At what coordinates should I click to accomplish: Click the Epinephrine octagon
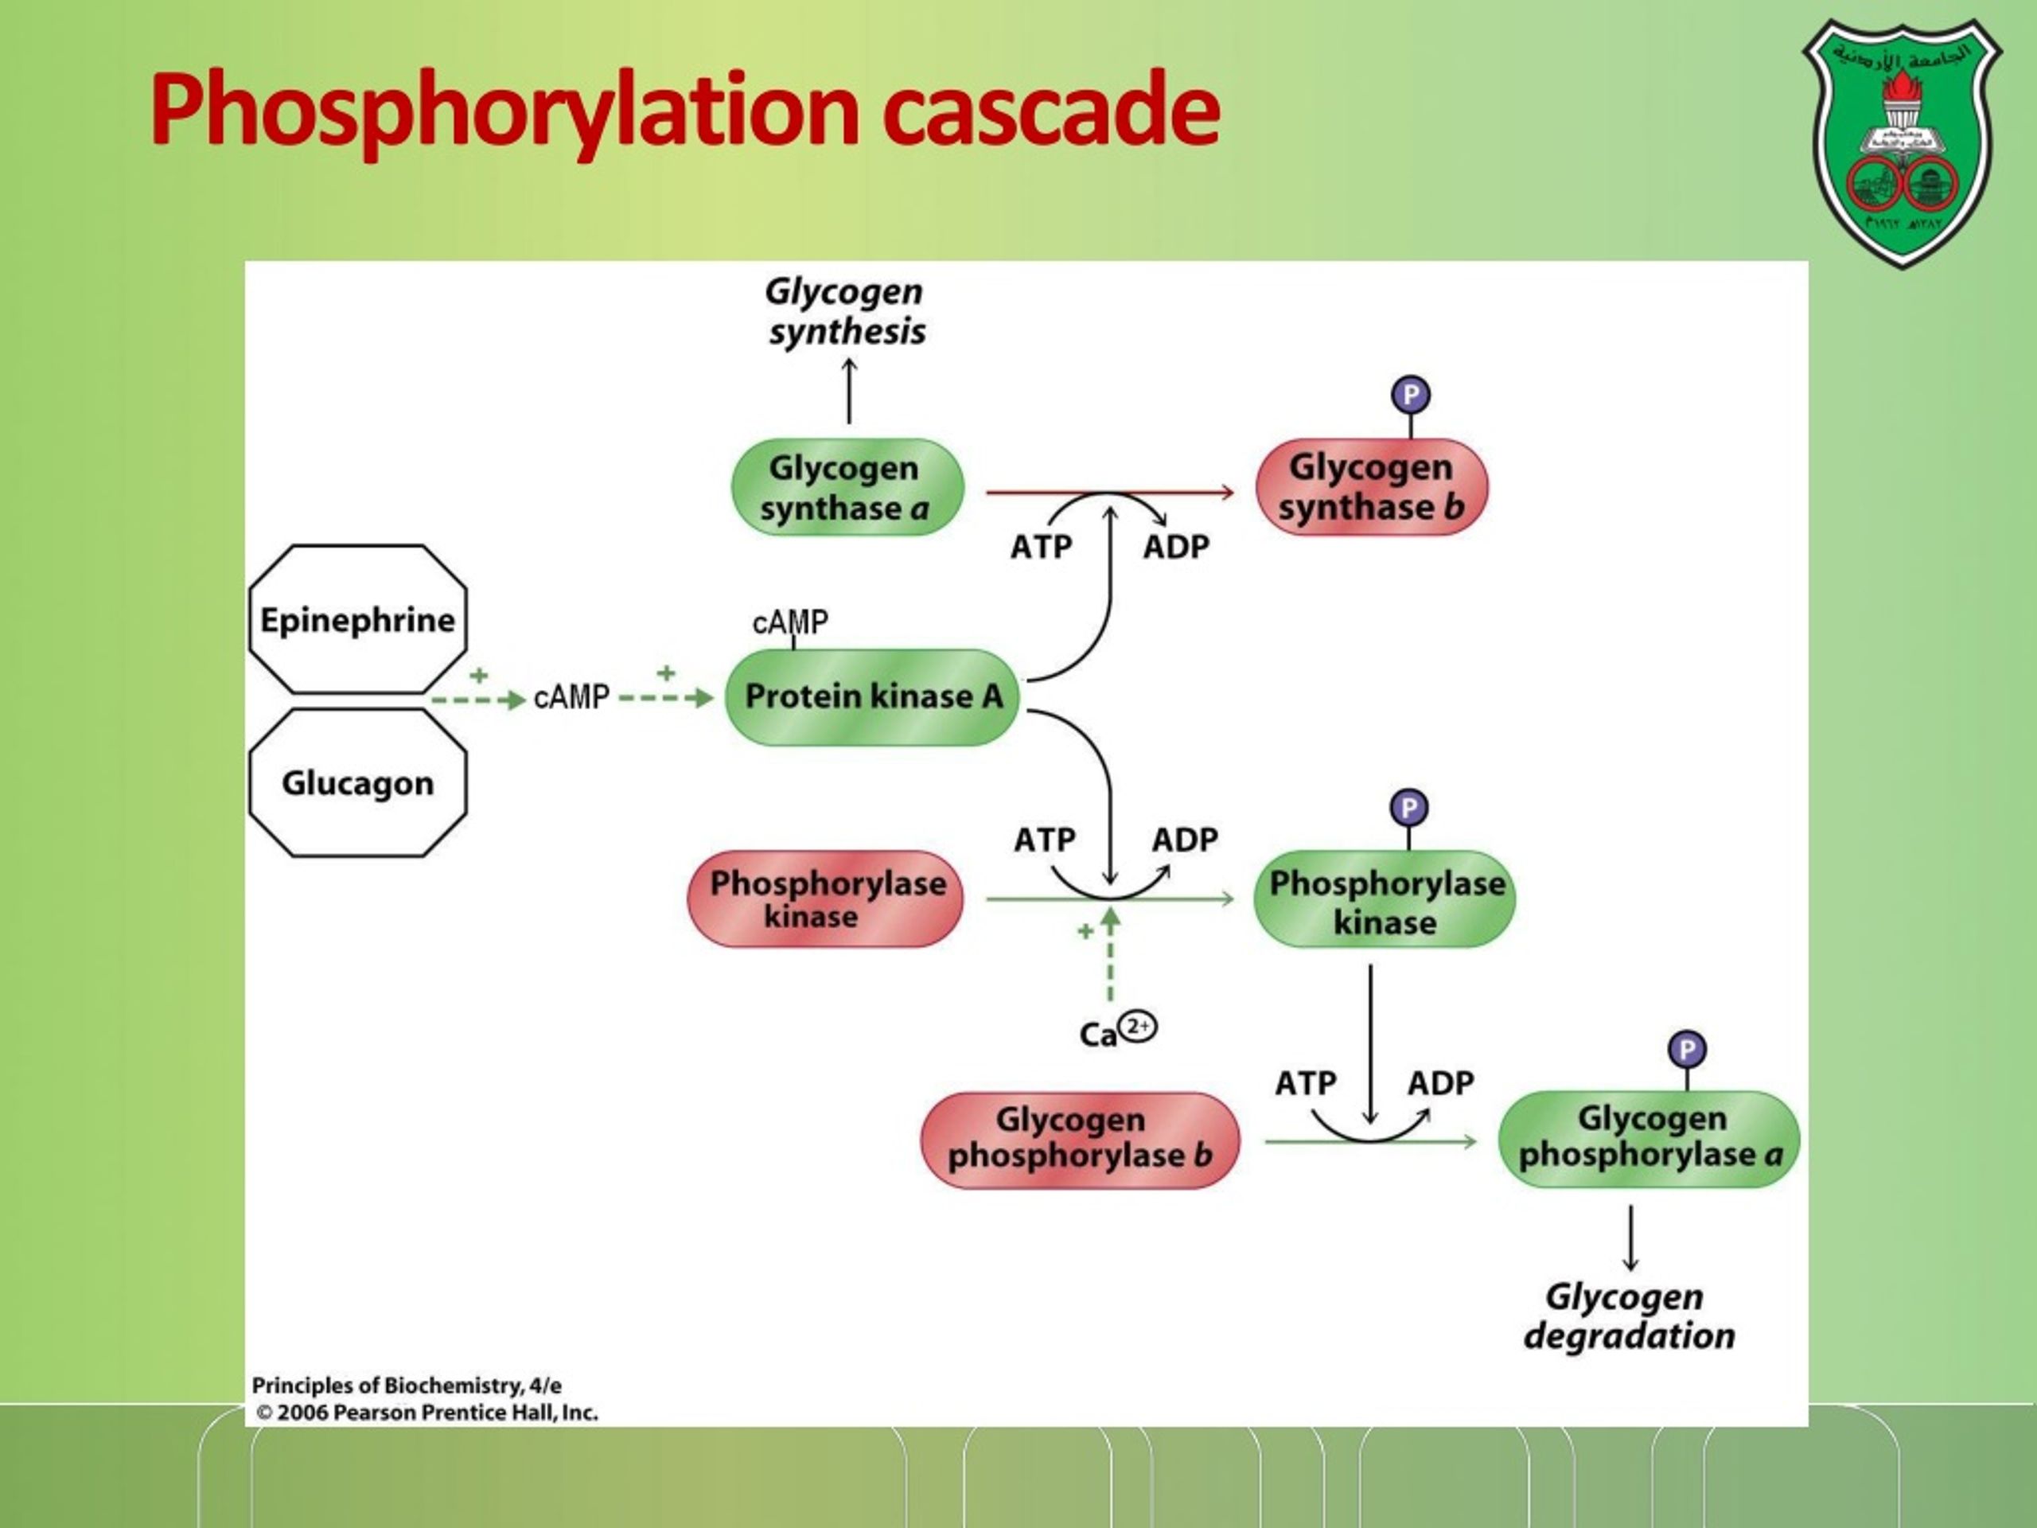(x=357, y=619)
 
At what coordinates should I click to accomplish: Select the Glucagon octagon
(x=357, y=783)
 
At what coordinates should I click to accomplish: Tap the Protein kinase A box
(x=872, y=696)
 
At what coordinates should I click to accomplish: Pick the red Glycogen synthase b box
(x=1371, y=487)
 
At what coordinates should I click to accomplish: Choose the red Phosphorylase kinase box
(x=825, y=899)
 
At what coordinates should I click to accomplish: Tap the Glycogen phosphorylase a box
(x=1649, y=1138)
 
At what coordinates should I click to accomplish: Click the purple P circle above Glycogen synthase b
(x=1410, y=395)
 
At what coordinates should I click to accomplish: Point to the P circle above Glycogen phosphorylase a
(x=1686, y=1049)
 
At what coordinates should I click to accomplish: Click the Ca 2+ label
(x=1117, y=1031)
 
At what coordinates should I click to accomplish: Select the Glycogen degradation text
(x=1628, y=1316)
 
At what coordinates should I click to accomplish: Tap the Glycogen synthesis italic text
(x=845, y=311)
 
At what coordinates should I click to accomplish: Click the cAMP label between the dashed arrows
(x=571, y=697)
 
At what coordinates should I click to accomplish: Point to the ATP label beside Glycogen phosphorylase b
(x=1305, y=1083)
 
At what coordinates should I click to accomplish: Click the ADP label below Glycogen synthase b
(x=1176, y=547)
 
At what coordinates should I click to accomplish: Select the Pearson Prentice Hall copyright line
(x=426, y=1412)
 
